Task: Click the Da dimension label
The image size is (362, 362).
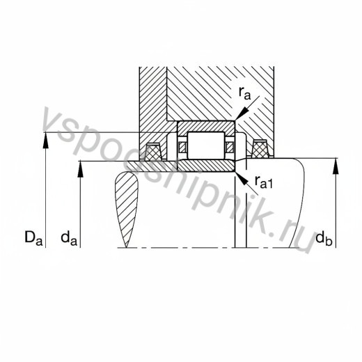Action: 33,237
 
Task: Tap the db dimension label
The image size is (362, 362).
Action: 324,237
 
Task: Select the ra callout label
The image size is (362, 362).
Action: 245,93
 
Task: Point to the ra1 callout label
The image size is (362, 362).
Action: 263,182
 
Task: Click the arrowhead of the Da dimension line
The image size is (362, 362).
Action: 46,140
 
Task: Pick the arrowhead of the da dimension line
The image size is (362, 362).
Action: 80,169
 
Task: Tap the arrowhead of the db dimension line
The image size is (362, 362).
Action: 336,166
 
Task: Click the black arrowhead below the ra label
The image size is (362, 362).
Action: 242,114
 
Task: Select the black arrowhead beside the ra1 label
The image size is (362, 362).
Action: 242,178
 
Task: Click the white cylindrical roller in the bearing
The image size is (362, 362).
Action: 206,145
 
